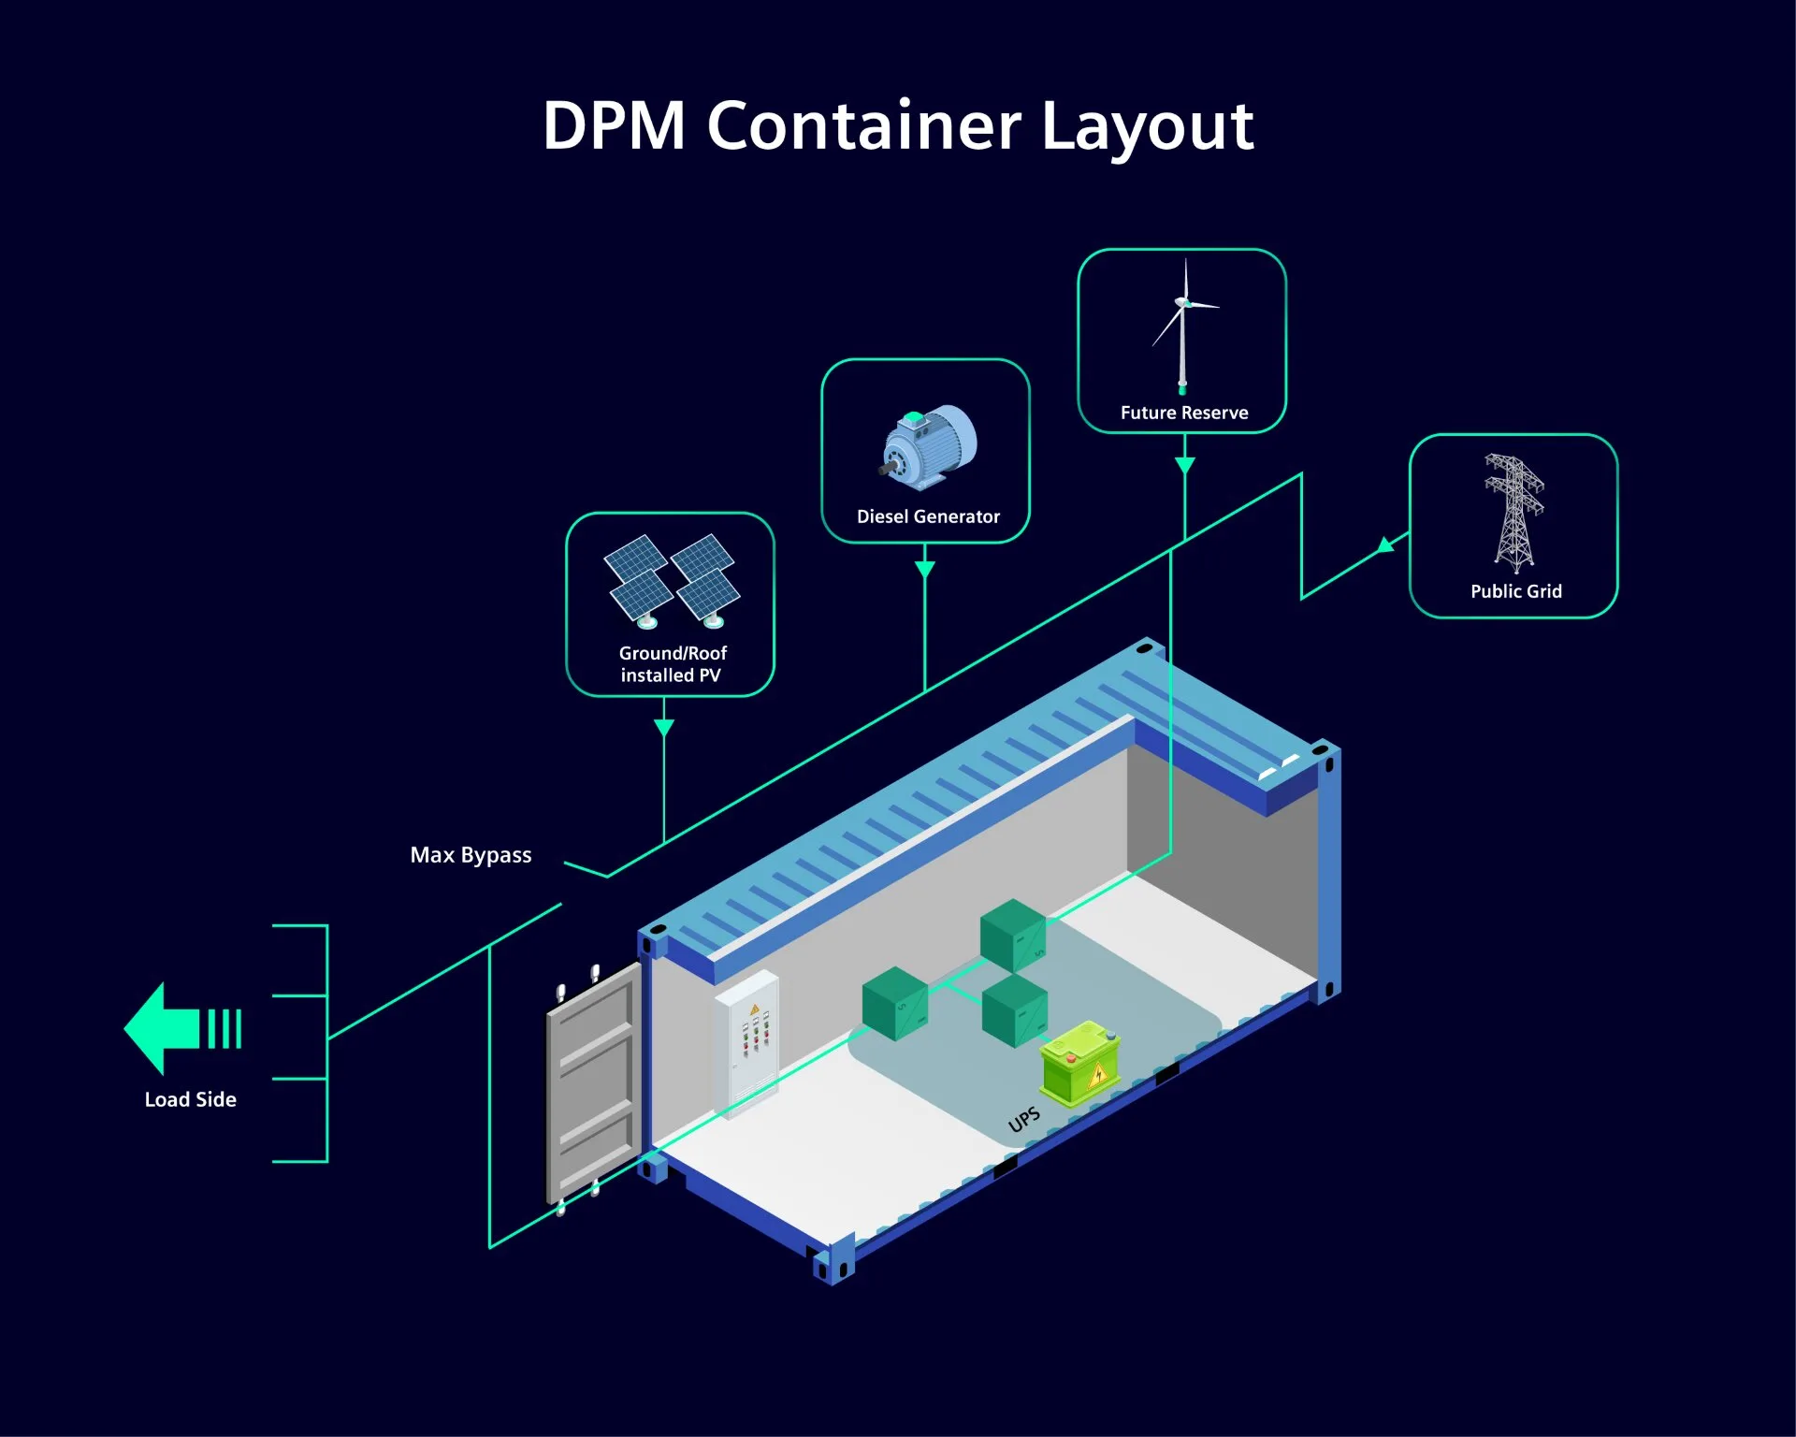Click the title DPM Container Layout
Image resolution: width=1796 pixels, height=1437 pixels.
(x=898, y=126)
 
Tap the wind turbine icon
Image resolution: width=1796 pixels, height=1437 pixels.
(x=1183, y=327)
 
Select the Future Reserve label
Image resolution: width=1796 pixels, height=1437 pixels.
(x=1184, y=413)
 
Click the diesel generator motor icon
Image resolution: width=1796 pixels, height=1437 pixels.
(x=928, y=447)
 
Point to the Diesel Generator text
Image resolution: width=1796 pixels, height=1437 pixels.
(x=928, y=516)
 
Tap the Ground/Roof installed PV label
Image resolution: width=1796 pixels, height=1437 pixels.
(x=672, y=664)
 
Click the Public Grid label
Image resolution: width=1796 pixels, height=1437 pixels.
(x=1515, y=591)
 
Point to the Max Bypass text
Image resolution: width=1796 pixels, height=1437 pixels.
(x=471, y=855)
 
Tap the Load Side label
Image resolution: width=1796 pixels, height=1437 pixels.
(x=190, y=1099)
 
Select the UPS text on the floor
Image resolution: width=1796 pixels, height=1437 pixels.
(x=1024, y=1119)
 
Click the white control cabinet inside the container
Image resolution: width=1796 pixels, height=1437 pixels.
(x=746, y=1042)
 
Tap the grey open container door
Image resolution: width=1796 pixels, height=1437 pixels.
(x=593, y=1085)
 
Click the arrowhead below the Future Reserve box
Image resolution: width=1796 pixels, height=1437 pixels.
(x=1184, y=466)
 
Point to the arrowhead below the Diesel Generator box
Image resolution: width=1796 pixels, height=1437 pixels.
(x=925, y=570)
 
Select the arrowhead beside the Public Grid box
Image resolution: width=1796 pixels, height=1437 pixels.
(x=1386, y=544)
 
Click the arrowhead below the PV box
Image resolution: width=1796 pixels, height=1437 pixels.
(x=664, y=728)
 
